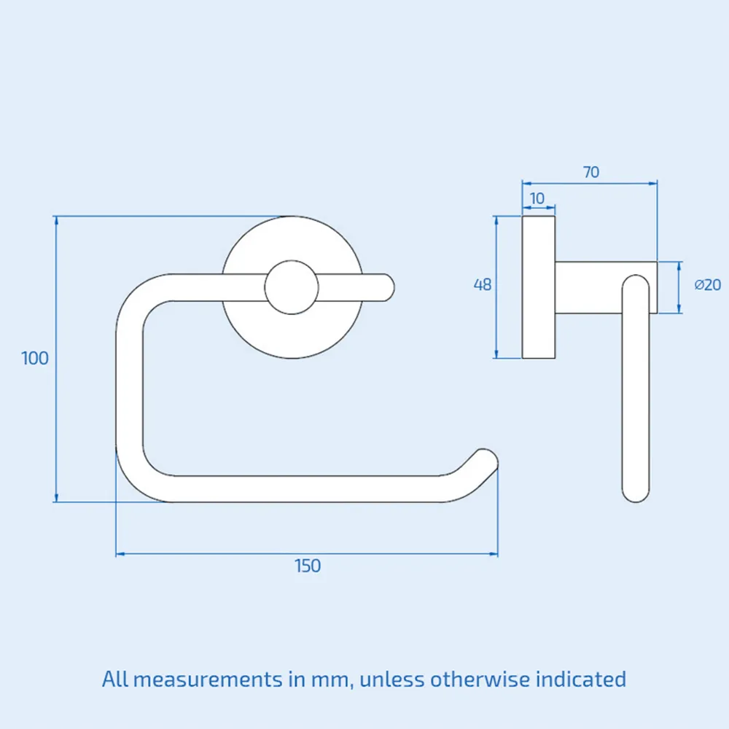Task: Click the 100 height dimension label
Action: click(35, 358)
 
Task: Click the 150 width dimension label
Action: click(308, 566)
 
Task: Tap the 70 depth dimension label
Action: click(590, 172)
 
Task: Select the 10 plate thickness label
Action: click(537, 198)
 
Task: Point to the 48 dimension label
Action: click(483, 285)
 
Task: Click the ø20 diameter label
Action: click(707, 285)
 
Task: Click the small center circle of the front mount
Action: click(292, 287)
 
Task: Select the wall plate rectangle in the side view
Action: click(539, 287)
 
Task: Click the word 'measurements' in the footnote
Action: click(211, 679)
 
